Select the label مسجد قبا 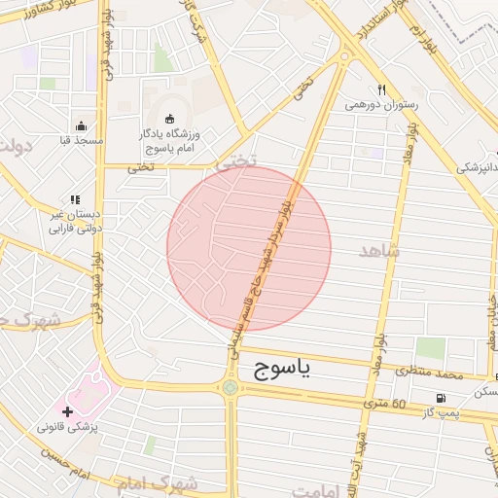pyautogui.click(x=81, y=142)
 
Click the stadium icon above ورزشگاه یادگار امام pyautogui.click(x=170, y=119)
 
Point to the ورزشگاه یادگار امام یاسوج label pyautogui.click(x=171, y=140)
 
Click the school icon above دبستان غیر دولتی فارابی pyautogui.click(x=74, y=200)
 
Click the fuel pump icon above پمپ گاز pyautogui.click(x=443, y=398)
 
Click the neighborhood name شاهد pyautogui.click(x=379, y=252)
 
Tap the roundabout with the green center pyautogui.click(x=231, y=387)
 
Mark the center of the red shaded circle pyautogui.click(x=249, y=249)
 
